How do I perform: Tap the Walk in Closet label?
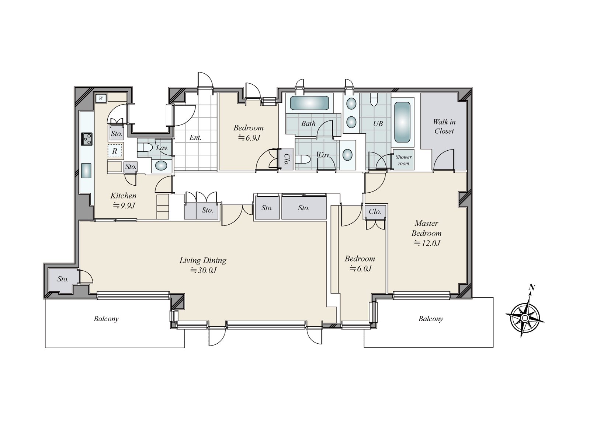tap(444, 126)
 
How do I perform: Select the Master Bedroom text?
tap(426, 228)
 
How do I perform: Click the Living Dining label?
tap(203, 260)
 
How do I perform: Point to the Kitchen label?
tap(123, 196)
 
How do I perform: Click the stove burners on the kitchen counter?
tap(87, 139)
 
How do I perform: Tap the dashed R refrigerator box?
tap(115, 151)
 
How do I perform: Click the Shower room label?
tap(403, 160)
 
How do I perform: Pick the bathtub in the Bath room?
tap(309, 103)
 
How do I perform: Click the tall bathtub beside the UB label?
tap(402, 122)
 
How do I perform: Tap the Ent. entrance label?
tap(195, 138)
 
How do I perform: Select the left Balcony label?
tap(106, 319)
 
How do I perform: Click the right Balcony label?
tap(430, 319)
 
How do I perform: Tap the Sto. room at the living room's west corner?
tap(63, 279)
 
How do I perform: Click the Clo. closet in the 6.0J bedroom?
tap(375, 211)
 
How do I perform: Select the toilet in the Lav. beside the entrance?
tap(145, 148)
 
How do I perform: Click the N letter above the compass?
tap(532, 287)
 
